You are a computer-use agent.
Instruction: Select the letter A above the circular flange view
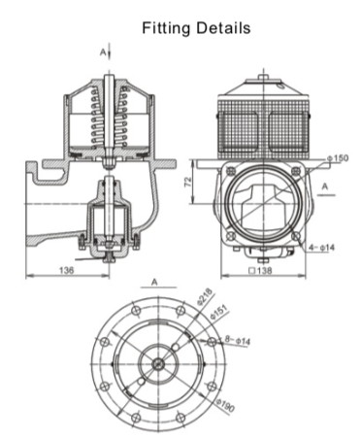pyautogui.click(x=154, y=283)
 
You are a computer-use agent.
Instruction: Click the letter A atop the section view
pyautogui.click(x=105, y=48)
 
